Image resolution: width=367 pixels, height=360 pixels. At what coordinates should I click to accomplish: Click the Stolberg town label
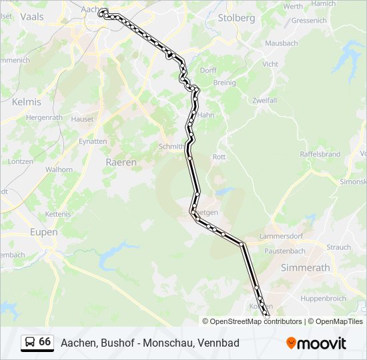[236, 18]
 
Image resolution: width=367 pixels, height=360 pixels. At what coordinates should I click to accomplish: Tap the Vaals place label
[32, 17]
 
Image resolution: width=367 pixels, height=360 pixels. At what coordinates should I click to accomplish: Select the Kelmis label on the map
[27, 102]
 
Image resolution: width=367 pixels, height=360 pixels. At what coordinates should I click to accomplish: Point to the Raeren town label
[121, 162]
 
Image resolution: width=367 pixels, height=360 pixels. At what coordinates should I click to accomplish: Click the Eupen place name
[44, 232]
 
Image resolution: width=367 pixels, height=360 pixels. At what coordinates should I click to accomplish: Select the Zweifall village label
[264, 100]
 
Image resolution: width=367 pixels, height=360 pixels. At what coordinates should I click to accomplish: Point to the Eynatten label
[93, 141]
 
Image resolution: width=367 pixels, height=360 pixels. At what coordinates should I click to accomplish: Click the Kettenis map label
[57, 213]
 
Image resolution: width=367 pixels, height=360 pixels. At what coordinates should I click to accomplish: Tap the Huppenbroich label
[322, 299]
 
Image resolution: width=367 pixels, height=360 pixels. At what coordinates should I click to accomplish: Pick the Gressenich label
[309, 21]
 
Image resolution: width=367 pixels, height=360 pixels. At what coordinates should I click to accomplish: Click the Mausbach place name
[281, 43]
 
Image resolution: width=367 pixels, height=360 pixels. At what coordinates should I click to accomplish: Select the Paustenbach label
[285, 251]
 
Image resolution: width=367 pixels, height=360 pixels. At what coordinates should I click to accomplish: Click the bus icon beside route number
[29, 343]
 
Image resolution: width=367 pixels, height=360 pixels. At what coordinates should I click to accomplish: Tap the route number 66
[45, 342]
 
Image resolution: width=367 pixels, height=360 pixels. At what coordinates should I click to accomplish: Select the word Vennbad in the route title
[218, 343]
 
